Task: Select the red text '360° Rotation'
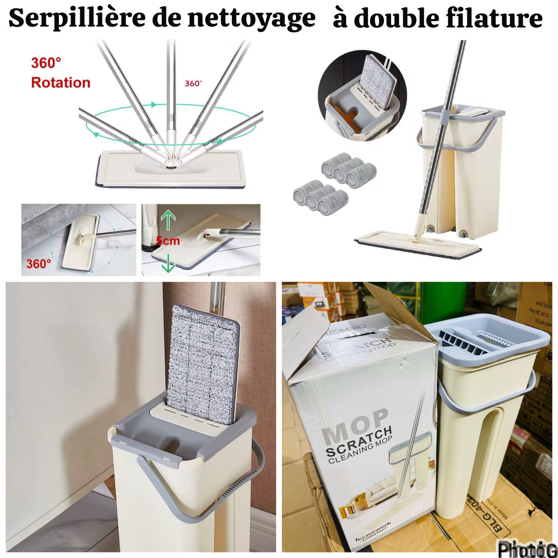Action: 60,73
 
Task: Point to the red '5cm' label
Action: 168,240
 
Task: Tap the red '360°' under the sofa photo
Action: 38,264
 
